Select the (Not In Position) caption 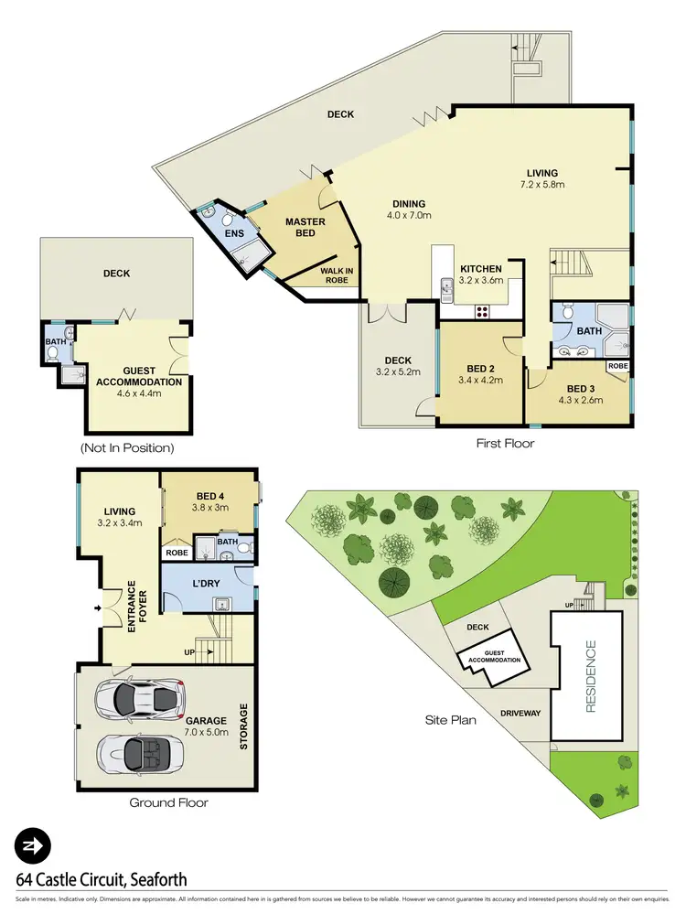tap(127, 448)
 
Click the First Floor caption tap(505, 443)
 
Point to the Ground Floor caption tap(169, 802)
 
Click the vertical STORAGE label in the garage tap(244, 727)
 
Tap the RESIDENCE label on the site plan tap(591, 677)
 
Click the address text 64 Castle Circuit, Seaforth tap(102, 880)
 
